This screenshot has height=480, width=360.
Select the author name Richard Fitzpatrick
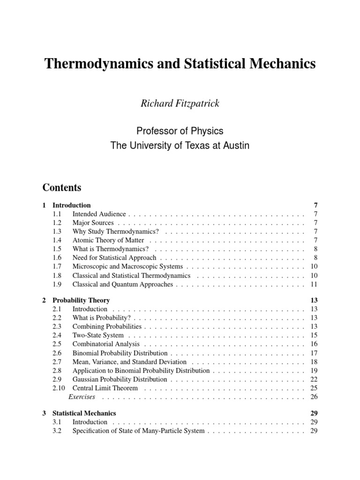click(180, 104)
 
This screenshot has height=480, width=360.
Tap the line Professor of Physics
click(180, 131)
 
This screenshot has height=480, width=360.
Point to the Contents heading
click(62, 187)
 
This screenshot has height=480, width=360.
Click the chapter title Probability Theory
click(81, 300)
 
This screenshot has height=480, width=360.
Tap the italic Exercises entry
click(82, 397)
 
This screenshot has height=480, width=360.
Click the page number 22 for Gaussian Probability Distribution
click(314, 379)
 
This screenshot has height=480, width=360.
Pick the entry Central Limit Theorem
click(105, 388)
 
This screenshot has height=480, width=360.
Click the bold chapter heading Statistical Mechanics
click(84, 413)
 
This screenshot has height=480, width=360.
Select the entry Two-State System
click(98, 335)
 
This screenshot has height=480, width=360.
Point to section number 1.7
click(57, 267)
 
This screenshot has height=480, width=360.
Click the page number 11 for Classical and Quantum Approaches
click(314, 285)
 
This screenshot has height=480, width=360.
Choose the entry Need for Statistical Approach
click(114, 258)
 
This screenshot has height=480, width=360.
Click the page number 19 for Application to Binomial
click(314, 370)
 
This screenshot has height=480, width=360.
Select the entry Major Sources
click(93, 223)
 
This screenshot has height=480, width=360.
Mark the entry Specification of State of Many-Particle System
click(138, 431)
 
